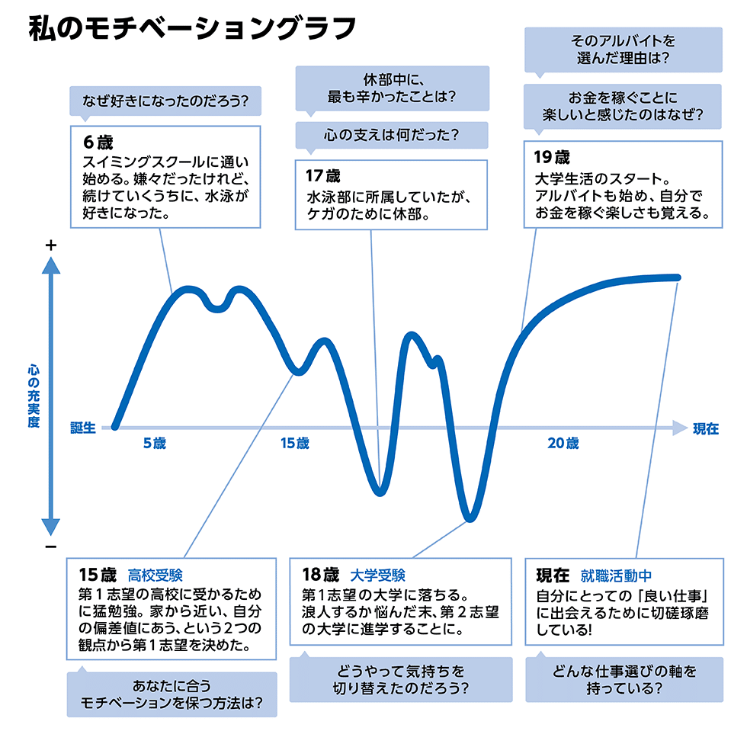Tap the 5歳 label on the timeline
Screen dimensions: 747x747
pos(154,444)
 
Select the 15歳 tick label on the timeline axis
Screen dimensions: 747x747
pos(294,444)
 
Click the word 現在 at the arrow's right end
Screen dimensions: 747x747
pos(705,428)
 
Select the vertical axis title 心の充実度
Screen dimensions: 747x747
pos(34,396)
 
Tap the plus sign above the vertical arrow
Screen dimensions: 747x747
pos(51,245)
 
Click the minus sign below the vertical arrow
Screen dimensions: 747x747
pos(51,547)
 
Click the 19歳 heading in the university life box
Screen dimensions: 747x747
pos(551,158)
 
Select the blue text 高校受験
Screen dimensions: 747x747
pos(155,574)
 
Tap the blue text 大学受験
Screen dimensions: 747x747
pos(378,574)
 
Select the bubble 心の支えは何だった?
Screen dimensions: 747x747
pos(391,136)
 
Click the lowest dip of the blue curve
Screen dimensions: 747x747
pos(470,518)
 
